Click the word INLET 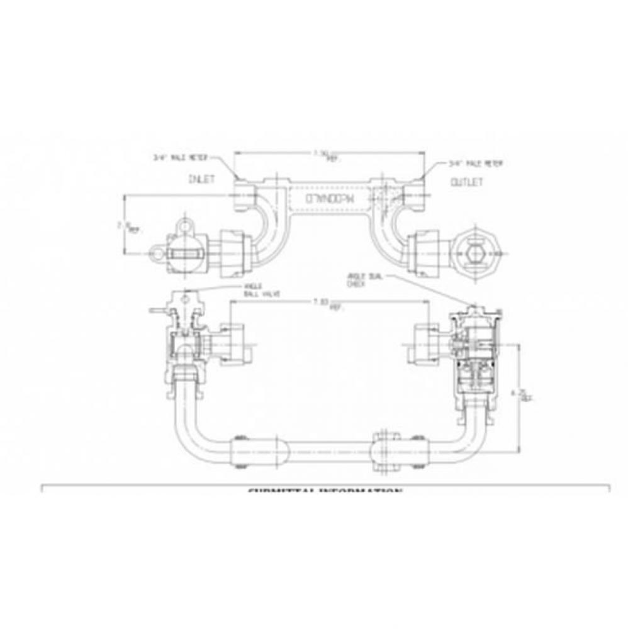pos(201,179)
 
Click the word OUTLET pos(466,182)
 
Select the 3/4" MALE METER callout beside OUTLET pos(476,164)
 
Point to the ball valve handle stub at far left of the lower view pos(156,309)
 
